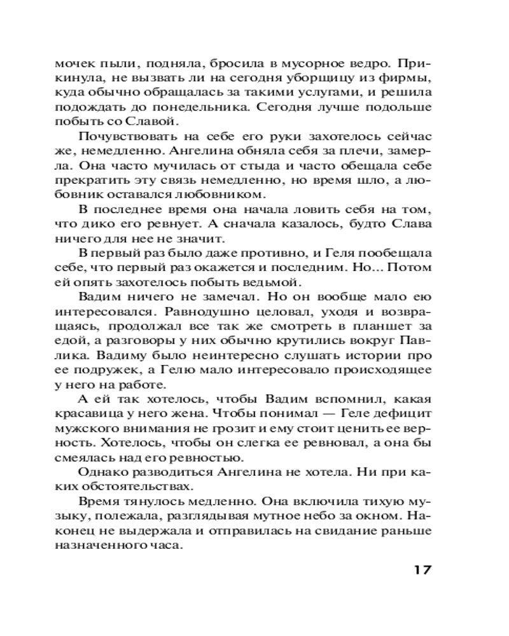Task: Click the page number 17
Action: point(419,569)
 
